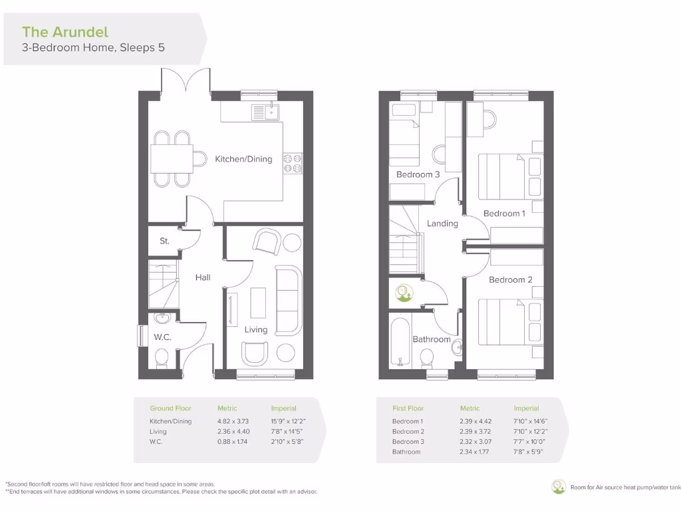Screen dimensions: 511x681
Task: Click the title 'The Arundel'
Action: click(65, 31)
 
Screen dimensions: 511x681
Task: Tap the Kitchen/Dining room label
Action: click(243, 159)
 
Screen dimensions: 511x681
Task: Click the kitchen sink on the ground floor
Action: click(265, 112)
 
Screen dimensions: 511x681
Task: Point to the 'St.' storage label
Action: click(164, 242)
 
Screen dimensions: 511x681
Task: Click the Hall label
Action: click(203, 277)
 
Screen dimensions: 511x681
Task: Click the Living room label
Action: click(256, 329)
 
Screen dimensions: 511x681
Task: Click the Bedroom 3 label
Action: click(418, 174)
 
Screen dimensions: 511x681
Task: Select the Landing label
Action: click(442, 224)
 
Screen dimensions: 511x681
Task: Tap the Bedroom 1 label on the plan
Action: click(504, 214)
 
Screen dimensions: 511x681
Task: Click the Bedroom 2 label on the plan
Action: click(511, 279)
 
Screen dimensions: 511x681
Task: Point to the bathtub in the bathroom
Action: click(399, 343)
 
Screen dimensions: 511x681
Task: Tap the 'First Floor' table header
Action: click(408, 409)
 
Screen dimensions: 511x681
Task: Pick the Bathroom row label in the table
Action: click(406, 452)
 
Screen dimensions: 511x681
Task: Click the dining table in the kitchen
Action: click(172, 158)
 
